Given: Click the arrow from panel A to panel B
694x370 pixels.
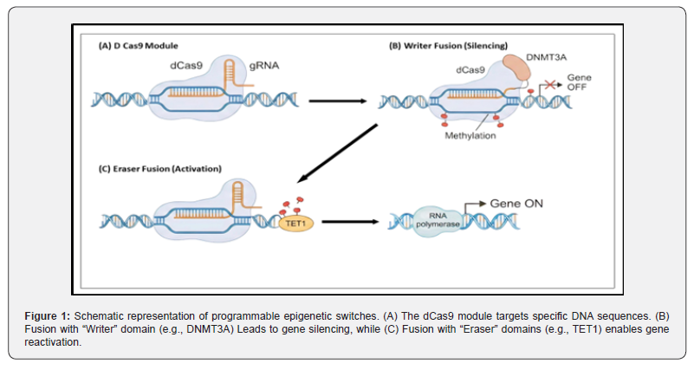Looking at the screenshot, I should (339, 101).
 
